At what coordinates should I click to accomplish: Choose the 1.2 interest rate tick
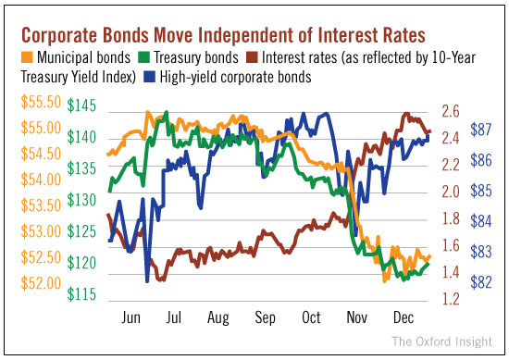(x=451, y=299)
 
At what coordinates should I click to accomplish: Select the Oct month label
(x=311, y=317)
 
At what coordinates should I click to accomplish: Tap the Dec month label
(x=402, y=317)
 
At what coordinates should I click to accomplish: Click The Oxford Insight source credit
(x=442, y=341)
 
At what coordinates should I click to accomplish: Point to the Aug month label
(x=220, y=317)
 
